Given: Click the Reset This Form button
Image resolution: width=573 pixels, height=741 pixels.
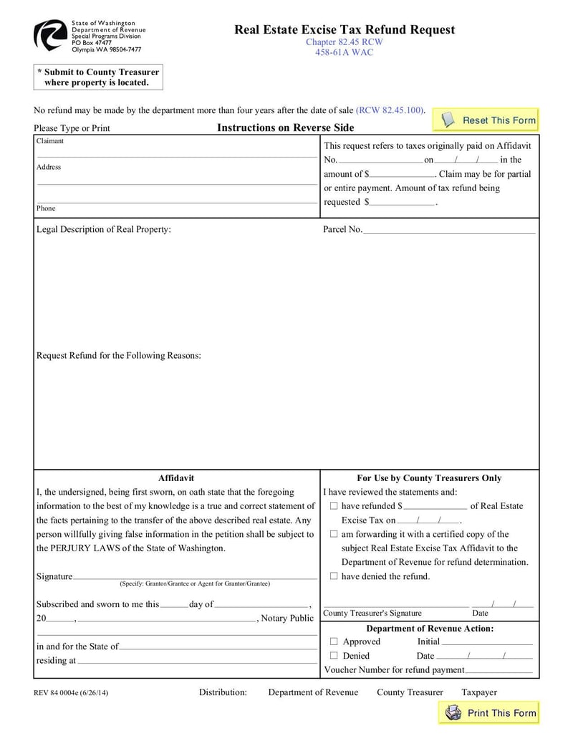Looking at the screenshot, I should point(488,120).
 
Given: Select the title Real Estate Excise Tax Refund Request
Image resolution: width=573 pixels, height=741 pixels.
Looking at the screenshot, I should point(345,29).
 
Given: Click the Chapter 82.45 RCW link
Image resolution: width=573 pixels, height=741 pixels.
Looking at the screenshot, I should point(345,42).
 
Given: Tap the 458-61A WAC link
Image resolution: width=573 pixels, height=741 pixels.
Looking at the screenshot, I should point(345,52).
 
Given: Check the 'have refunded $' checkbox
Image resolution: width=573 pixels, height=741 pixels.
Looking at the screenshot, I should point(334,506).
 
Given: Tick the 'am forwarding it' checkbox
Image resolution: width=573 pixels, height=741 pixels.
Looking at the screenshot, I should point(334,534).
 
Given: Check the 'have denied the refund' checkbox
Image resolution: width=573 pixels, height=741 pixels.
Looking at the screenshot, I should point(334,576).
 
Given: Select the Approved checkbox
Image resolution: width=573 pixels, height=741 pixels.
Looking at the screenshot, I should point(334,641).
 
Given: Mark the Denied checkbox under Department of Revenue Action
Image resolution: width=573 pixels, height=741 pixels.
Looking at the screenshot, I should point(334,656).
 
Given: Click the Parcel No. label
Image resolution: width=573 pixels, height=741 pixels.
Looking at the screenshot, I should point(342,230).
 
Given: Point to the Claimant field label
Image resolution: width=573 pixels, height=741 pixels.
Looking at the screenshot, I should point(50,141).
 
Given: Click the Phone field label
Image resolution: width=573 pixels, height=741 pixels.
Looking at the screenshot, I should point(46,208).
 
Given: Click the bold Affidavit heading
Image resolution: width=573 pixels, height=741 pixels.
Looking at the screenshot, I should point(176,478).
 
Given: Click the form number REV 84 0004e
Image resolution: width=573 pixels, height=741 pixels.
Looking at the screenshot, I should point(71,693).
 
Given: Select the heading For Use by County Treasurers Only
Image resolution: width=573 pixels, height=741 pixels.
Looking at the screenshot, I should point(429,478).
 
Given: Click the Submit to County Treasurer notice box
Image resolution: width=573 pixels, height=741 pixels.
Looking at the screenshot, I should point(98,77).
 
